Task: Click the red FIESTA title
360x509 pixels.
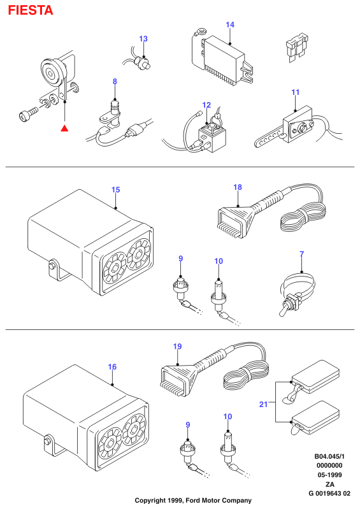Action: (31, 10)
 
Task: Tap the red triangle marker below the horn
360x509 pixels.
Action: (64, 128)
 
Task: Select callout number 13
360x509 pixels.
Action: (143, 39)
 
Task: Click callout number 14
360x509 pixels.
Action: (230, 25)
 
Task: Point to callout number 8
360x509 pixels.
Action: (115, 82)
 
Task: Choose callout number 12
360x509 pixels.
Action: (206, 105)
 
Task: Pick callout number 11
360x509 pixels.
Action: (296, 92)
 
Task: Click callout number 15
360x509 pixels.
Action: (115, 190)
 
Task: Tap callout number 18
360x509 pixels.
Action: (238, 187)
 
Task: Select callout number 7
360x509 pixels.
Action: (302, 254)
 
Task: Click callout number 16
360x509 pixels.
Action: (112, 367)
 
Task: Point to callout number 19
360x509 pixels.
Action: (177, 347)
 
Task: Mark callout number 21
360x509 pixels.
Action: (263, 404)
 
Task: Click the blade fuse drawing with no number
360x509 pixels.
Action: (297, 47)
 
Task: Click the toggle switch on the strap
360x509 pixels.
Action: (290, 303)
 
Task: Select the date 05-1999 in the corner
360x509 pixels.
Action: (329, 475)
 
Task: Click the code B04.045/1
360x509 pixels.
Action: (329, 456)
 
